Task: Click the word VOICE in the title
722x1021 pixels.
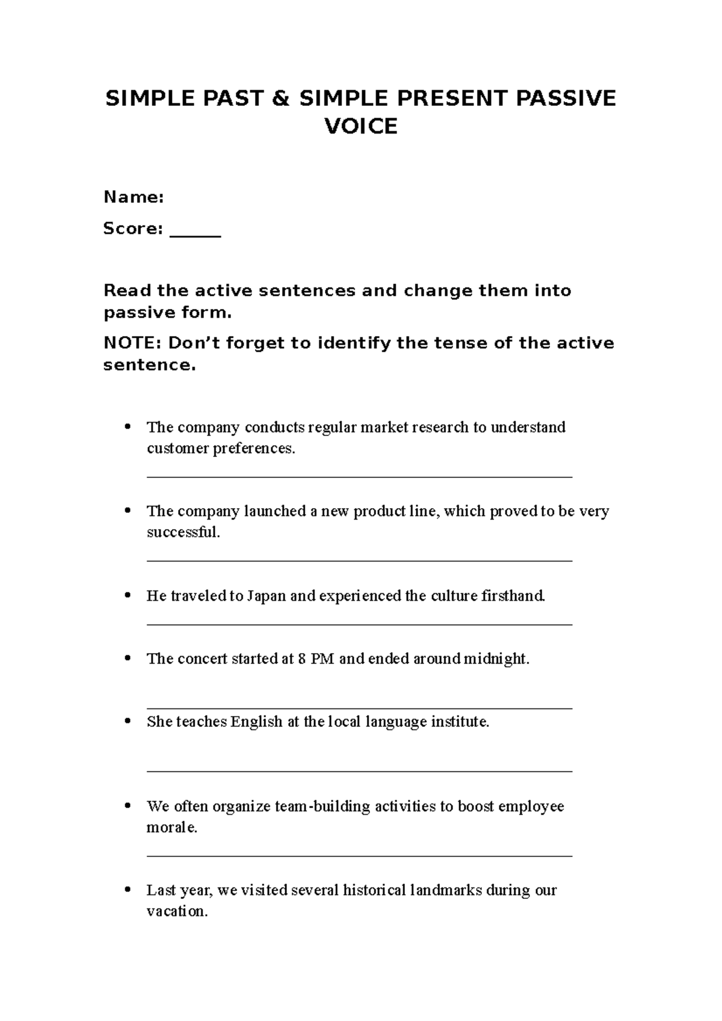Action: tap(361, 127)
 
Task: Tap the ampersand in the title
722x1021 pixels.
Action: tap(280, 98)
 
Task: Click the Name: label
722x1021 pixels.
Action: tap(134, 197)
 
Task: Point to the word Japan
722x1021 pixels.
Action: tap(267, 596)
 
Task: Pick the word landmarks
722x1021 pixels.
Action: tap(445, 890)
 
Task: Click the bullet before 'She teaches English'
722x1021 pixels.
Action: tap(127, 721)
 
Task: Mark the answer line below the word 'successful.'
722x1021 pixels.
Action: tap(359, 561)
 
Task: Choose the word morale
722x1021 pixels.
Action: tap(171, 827)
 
